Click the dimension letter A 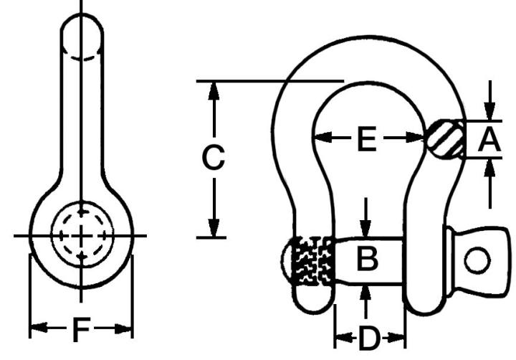(489, 139)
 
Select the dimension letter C (213, 158)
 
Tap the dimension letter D (368, 338)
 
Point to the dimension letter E (366, 139)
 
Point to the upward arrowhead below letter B (366, 290)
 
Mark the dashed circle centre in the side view (82, 235)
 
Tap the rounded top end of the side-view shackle (82, 29)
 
